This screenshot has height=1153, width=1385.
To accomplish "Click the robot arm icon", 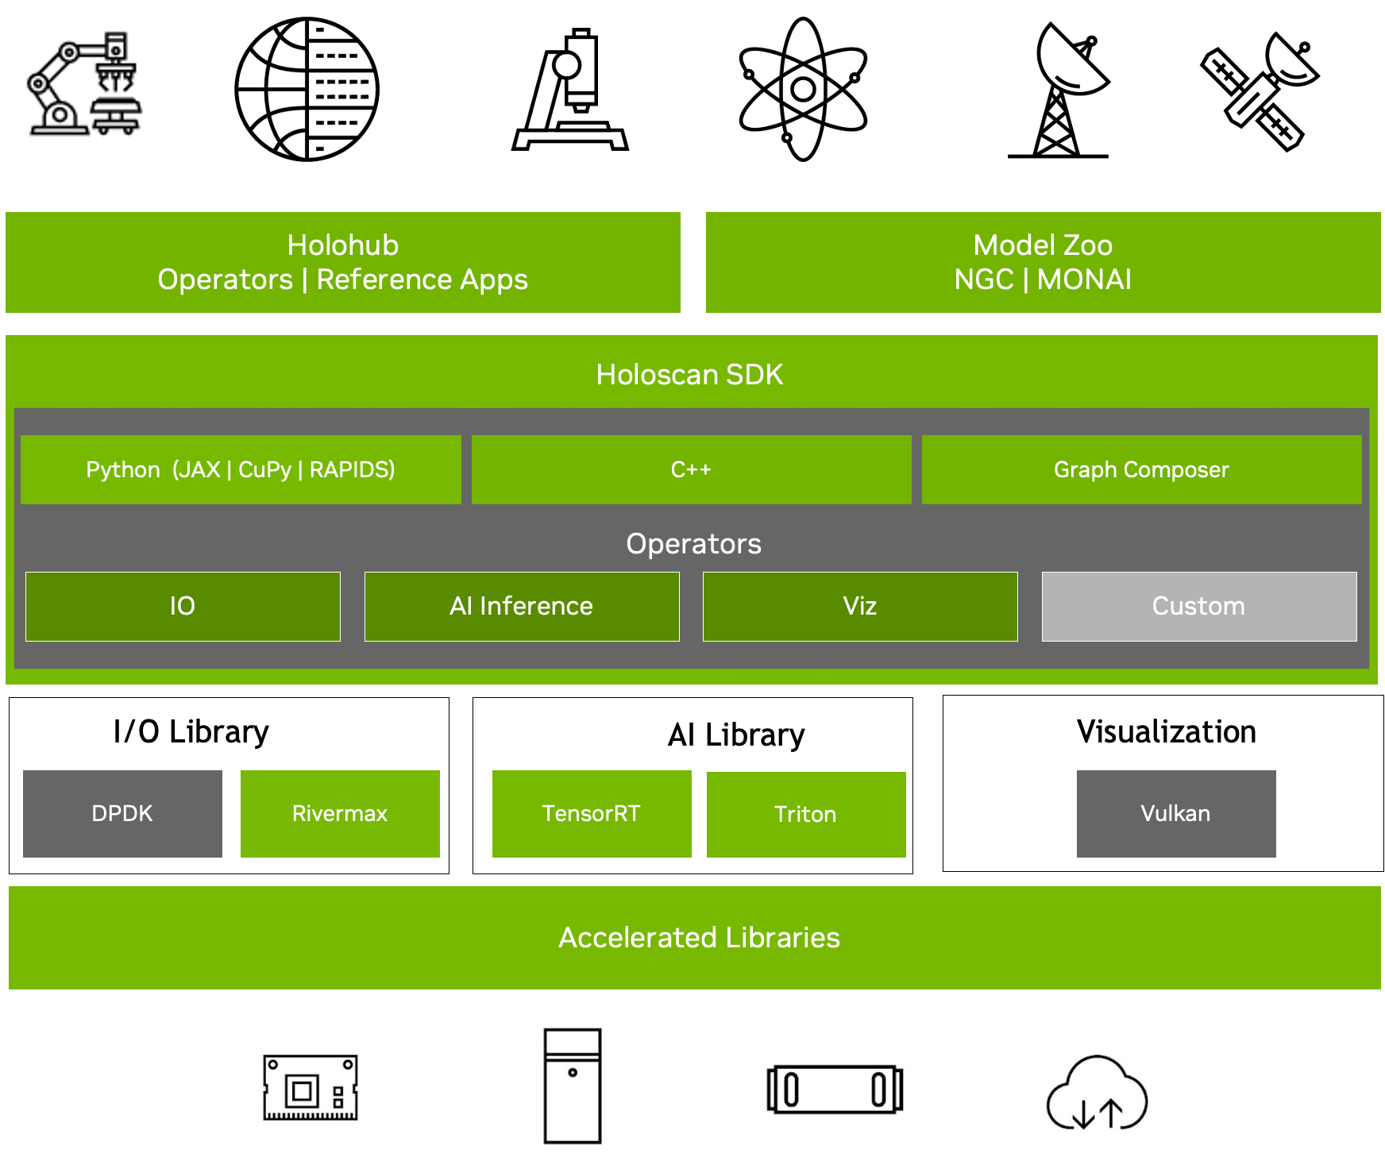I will (x=86, y=85).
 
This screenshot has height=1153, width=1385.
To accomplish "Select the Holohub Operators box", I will (x=342, y=262).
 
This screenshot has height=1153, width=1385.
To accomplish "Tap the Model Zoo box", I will (x=1042, y=262).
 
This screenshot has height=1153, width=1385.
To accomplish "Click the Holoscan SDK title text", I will (x=689, y=375).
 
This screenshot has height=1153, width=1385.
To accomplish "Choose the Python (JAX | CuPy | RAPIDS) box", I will (x=241, y=469).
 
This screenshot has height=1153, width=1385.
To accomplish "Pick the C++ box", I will (x=691, y=469).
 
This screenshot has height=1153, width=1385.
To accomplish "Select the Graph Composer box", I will (x=1141, y=469).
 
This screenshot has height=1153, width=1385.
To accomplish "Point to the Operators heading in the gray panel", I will (x=693, y=544).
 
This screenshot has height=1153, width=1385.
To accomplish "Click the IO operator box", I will (x=183, y=606).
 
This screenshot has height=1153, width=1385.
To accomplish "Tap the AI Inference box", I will (x=521, y=606).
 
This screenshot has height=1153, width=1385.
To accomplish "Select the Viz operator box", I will (x=859, y=606).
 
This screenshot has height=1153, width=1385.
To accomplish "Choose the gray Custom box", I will (x=1198, y=606).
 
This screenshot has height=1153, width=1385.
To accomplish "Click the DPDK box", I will (x=122, y=813).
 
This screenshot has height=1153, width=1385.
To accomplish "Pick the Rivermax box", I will (x=340, y=813).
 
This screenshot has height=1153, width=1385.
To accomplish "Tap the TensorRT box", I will (x=592, y=813).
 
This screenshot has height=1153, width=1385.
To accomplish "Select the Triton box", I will (x=805, y=814).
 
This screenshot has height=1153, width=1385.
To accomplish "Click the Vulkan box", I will (x=1175, y=813).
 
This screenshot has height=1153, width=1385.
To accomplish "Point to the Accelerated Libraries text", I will (x=699, y=938).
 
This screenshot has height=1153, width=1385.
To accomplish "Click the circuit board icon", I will (x=311, y=1088).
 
